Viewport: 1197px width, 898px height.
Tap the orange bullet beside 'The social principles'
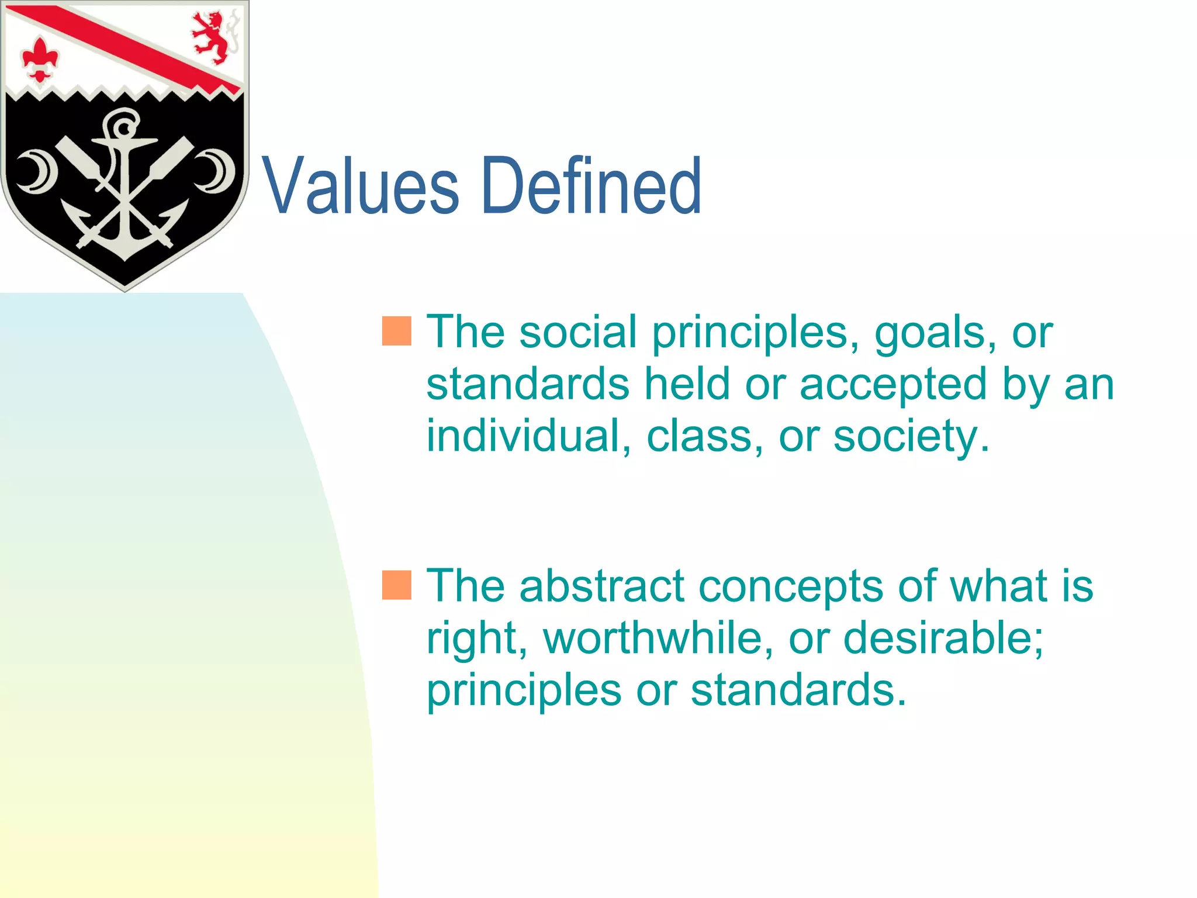397,331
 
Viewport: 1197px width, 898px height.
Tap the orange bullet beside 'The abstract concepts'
397,585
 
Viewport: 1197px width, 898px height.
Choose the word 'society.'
911,437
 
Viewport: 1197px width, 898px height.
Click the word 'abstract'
602,586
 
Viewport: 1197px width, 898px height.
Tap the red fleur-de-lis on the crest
40,59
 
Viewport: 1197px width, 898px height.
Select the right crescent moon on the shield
215,171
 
